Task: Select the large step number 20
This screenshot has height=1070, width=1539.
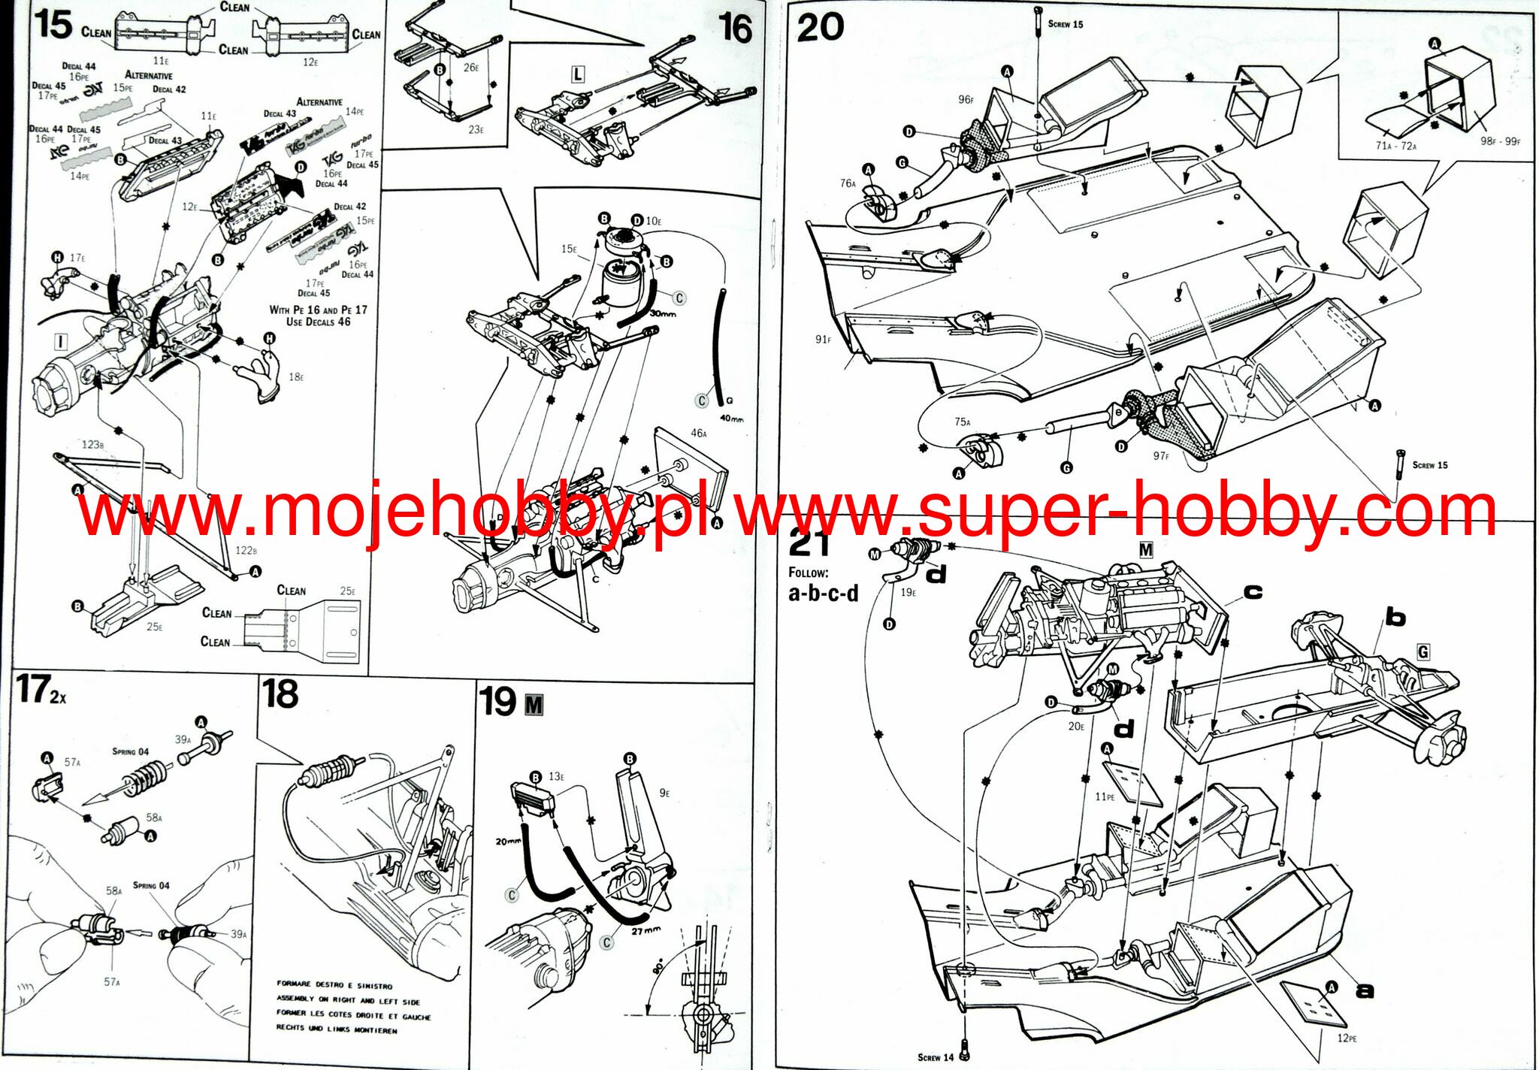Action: click(x=821, y=28)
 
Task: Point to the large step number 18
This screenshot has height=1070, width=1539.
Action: click(x=280, y=694)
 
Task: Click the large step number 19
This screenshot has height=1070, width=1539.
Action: click(x=497, y=702)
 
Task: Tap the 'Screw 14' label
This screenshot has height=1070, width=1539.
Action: click(x=935, y=1057)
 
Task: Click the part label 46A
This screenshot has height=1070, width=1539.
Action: click(x=699, y=433)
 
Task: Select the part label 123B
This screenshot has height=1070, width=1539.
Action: click(x=92, y=444)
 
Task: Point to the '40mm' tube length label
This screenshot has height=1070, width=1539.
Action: click(x=731, y=419)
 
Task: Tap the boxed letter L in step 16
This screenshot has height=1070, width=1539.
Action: click(x=577, y=74)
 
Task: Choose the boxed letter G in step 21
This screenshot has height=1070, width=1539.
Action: click(x=1423, y=651)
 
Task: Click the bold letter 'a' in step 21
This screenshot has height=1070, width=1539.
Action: click(x=1364, y=991)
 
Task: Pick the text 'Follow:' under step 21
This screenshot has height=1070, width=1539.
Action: click(x=808, y=573)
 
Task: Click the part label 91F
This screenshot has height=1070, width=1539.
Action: click(x=823, y=340)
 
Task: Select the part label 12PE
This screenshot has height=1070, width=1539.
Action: click(x=1347, y=1038)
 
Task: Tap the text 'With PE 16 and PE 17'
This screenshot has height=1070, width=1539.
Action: click(x=318, y=310)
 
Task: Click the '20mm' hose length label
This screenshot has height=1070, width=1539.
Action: click(x=508, y=841)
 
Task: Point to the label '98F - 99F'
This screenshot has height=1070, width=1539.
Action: click(x=1500, y=141)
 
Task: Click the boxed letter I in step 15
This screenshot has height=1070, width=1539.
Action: click(x=61, y=342)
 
